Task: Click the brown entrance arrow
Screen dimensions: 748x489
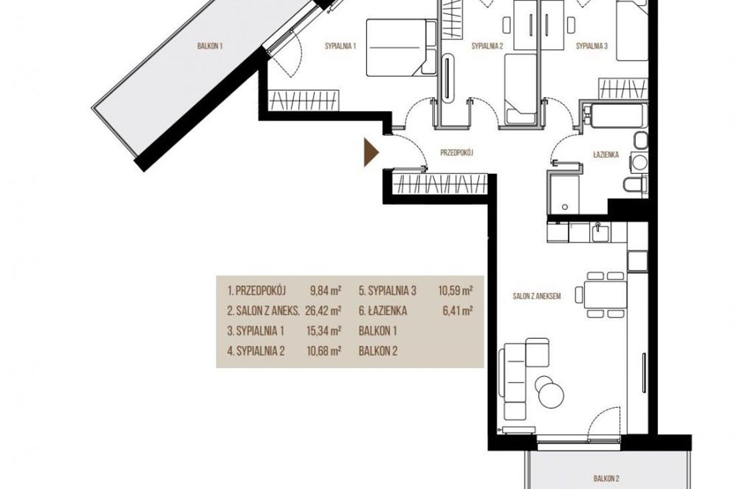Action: [x=371, y=152]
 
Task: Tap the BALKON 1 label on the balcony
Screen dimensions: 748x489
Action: [x=209, y=46]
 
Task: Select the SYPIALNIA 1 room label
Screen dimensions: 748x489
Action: [x=340, y=46]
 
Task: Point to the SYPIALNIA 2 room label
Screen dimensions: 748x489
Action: [x=487, y=46]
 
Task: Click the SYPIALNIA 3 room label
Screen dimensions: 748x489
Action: [x=591, y=46]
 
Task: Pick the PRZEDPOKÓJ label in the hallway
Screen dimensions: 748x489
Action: [x=457, y=152]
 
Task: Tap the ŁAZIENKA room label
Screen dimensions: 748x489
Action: [x=606, y=155]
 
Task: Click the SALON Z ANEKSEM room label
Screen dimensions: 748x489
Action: [x=537, y=296]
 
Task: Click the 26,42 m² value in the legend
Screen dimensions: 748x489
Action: [x=323, y=311]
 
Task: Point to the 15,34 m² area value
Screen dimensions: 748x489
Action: [x=324, y=331]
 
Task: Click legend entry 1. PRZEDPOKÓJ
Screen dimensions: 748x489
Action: [x=257, y=291]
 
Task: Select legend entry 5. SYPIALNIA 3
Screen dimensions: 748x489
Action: [x=388, y=291]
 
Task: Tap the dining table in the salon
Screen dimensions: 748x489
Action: [x=605, y=295]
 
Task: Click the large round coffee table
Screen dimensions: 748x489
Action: [x=551, y=395]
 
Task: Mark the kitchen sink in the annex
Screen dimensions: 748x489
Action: [x=600, y=232]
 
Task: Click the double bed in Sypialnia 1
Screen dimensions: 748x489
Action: [x=402, y=47]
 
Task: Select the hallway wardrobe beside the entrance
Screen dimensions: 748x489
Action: [x=440, y=184]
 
